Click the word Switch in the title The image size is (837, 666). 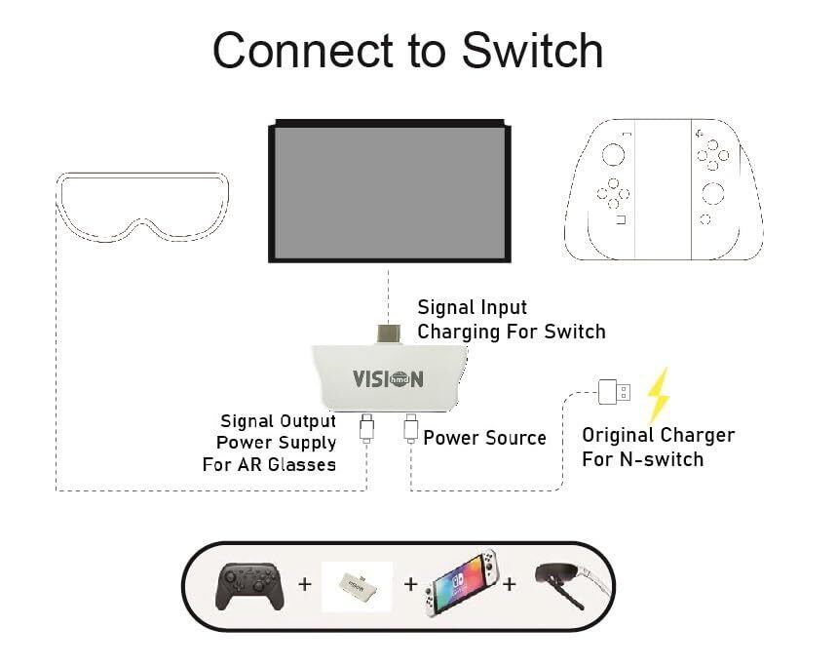(x=532, y=50)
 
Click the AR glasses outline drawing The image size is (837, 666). (x=142, y=207)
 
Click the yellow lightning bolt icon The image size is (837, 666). (x=660, y=394)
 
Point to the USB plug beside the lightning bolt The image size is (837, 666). (x=613, y=393)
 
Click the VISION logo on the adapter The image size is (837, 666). (x=388, y=377)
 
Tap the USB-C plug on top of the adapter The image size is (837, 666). (x=389, y=333)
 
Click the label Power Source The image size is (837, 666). (x=484, y=438)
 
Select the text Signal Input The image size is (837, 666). (x=472, y=308)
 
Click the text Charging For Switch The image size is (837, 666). (x=512, y=332)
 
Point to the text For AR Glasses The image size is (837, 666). (x=269, y=464)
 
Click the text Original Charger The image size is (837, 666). (x=658, y=435)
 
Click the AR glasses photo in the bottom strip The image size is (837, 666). (x=576, y=585)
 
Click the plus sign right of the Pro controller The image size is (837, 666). (x=305, y=585)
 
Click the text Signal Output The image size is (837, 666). (x=278, y=421)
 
